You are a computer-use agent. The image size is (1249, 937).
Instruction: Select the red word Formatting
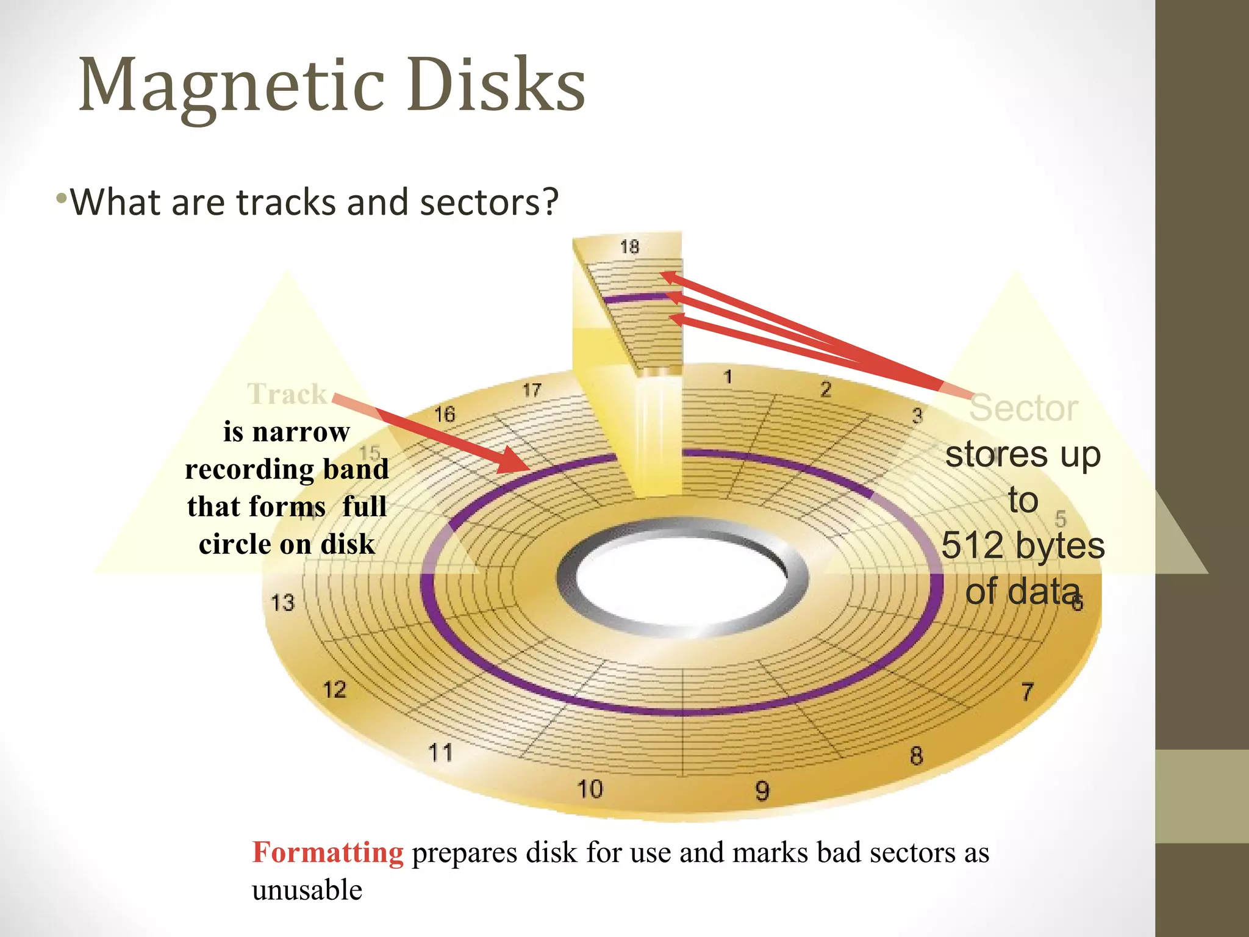click(327, 852)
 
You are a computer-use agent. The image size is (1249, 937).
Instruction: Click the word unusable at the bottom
click(307, 890)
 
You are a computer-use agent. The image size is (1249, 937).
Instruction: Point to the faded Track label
click(287, 394)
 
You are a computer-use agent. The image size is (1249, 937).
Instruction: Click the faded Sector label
click(1023, 408)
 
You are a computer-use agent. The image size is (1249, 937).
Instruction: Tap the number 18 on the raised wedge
click(629, 247)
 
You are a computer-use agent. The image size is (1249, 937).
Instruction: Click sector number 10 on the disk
click(590, 789)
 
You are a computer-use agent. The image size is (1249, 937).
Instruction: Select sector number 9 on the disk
click(762, 791)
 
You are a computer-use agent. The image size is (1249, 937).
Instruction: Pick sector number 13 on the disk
click(282, 603)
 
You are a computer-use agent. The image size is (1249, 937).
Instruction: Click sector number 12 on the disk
click(334, 690)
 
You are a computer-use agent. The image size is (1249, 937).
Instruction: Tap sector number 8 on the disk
click(916, 756)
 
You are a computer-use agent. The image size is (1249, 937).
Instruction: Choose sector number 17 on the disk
click(532, 390)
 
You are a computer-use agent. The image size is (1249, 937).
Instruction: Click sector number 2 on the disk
click(826, 389)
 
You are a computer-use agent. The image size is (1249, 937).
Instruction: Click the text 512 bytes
click(1023, 545)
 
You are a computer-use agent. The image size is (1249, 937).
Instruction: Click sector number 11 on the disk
click(440, 752)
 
